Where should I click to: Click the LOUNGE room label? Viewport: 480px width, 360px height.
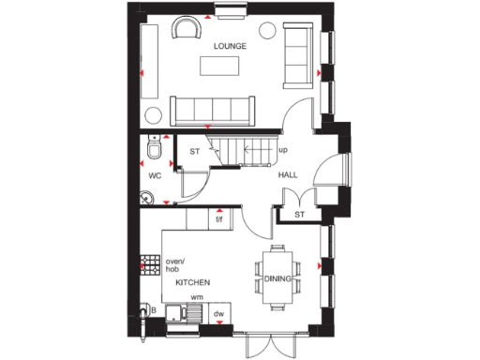click(x=230, y=45)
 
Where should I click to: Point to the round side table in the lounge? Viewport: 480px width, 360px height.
click(x=264, y=34)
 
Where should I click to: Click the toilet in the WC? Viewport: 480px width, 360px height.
click(x=156, y=150)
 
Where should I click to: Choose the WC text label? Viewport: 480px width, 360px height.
click(x=155, y=174)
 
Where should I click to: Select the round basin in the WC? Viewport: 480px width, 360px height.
click(x=148, y=197)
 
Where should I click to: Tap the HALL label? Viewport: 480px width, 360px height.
click(x=288, y=175)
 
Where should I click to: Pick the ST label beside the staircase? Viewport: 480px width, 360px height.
click(x=195, y=151)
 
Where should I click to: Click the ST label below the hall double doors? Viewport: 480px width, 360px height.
click(x=300, y=215)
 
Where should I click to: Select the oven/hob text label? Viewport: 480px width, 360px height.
click(x=175, y=264)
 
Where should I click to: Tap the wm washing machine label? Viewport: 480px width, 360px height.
click(x=197, y=297)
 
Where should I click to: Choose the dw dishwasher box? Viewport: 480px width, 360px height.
click(x=219, y=314)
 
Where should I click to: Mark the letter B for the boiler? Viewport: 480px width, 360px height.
click(x=152, y=307)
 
